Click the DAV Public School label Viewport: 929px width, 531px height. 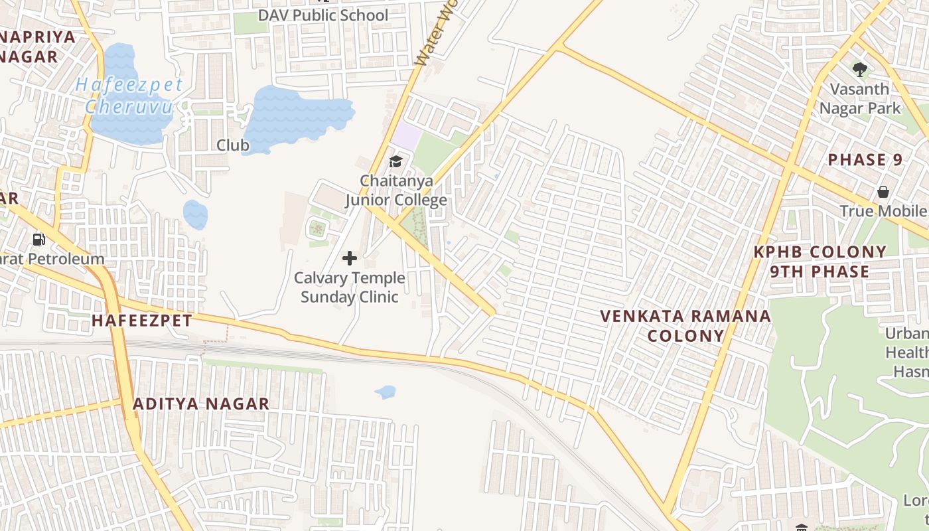[323, 15]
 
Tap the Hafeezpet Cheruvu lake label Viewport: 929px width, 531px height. [129, 95]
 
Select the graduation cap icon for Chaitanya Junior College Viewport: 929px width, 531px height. [395, 161]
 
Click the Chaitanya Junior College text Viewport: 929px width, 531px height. [396, 190]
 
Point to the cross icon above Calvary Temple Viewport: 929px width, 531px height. [350, 258]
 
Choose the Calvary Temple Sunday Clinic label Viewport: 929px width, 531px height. [350, 287]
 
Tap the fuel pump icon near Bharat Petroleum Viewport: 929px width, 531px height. [39, 239]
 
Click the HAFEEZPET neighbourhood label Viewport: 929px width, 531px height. [142, 321]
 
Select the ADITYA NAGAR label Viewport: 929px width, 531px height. [201, 404]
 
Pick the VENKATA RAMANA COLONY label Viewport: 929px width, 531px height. [685, 325]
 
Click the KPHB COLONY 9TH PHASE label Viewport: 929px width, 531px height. [820, 262]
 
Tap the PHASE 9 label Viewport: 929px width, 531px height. [866, 160]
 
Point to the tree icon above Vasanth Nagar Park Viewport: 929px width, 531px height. [860, 69]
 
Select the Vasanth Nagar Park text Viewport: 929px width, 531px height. [860, 98]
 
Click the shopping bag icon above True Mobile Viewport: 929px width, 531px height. [883, 192]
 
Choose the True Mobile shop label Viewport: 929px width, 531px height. [883, 211]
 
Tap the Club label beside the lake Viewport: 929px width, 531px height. [233, 145]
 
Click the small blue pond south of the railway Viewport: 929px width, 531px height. [386, 392]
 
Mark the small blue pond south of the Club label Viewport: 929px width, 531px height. [195, 215]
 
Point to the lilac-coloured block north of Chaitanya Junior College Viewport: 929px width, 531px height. [406, 137]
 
